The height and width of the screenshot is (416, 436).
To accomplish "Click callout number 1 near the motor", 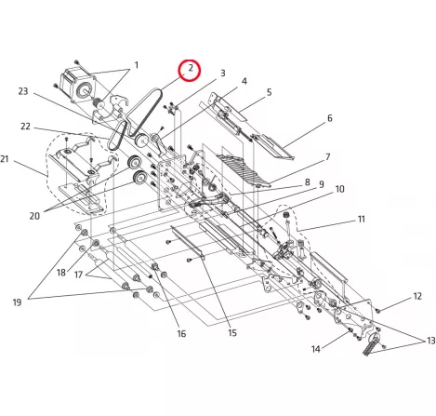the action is pyautogui.click(x=136, y=65).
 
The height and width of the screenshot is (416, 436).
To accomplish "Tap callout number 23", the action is pyautogui.click(x=23, y=91).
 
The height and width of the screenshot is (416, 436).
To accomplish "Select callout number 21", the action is pyautogui.click(x=5, y=159).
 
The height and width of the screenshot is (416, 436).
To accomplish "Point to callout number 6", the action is pyautogui.click(x=330, y=118).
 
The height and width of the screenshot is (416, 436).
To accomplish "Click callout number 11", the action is pyautogui.click(x=362, y=220).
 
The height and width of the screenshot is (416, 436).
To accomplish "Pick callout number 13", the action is pyautogui.click(x=431, y=341).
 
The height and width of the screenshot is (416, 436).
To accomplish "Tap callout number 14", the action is pyautogui.click(x=316, y=349).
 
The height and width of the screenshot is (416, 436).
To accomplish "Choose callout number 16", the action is pyautogui.click(x=181, y=333).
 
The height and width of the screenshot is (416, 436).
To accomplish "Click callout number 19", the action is pyautogui.click(x=17, y=302).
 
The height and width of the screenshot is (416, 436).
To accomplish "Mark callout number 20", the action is pyautogui.click(x=34, y=216).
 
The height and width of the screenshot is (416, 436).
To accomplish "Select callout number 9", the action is pyautogui.click(x=322, y=184).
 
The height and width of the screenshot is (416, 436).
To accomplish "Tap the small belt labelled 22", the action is pyautogui.click(x=117, y=136).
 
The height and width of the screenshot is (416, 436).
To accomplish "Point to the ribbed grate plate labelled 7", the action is pyautogui.click(x=244, y=170).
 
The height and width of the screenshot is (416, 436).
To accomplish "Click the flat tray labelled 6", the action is pyautogui.click(x=272, y=147).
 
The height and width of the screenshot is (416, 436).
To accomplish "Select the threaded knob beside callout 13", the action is pyautogui.click(x=371, y=344).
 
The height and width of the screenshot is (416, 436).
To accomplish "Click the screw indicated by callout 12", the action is pyautogui.click(x=377, y=310).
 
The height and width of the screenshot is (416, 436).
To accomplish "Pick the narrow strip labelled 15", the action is pyautogui.click(x=188, y=243).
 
